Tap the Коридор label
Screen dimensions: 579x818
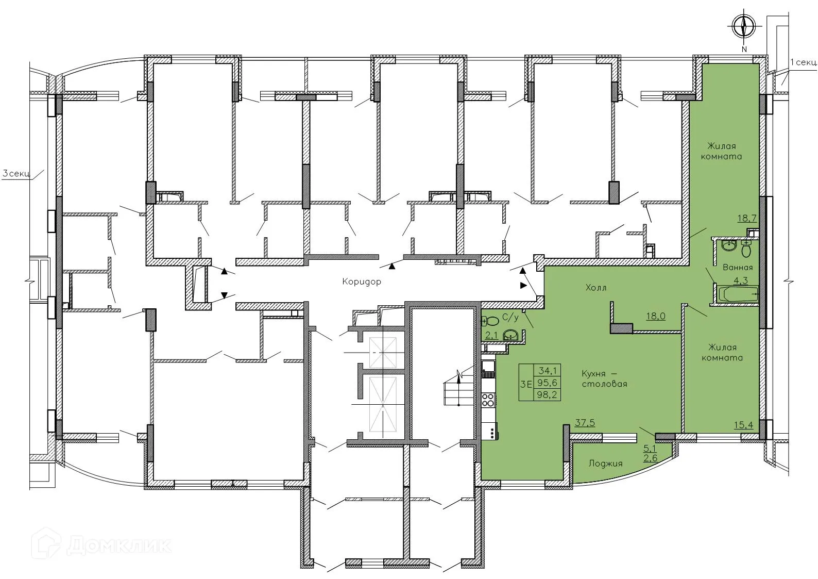coord(362,282)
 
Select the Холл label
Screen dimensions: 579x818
coord(596,288)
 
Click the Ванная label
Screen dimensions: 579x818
coord(738,268)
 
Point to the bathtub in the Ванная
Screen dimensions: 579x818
coord(737,295)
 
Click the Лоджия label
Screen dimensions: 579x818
coord(605,464)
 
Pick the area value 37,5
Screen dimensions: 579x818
coord(585,423)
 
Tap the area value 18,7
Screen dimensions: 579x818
coord(747,218)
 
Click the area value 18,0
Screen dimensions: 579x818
coord(656,316)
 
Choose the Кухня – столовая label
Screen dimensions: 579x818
coord(604,378)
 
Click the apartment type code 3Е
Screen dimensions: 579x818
coord(526,384)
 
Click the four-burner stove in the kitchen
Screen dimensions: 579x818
coord(488,399)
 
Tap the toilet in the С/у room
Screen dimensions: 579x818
coord(491,321)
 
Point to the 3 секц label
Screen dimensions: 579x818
coord(16,174)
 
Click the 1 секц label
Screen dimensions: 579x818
coord(803,62)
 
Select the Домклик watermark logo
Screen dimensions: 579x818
coord(101,544)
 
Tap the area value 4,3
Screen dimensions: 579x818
coord(740,281)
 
